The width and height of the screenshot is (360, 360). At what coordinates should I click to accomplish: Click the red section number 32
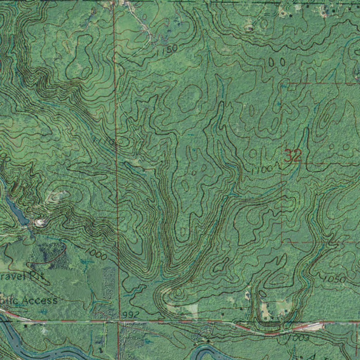(292, 156)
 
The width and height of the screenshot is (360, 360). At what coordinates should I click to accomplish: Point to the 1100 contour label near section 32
(262, 170)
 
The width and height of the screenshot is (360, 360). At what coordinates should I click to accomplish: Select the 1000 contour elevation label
(96, 254)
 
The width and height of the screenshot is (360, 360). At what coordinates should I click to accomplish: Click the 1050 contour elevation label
(334, 279)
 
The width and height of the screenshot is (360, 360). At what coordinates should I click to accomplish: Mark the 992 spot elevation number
(131, 314)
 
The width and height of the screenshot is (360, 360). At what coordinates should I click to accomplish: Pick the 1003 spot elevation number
(299, 338)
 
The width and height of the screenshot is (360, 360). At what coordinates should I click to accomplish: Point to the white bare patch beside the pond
(40, 222)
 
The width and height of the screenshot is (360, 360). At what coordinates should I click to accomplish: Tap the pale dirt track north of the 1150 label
(141, 21)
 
